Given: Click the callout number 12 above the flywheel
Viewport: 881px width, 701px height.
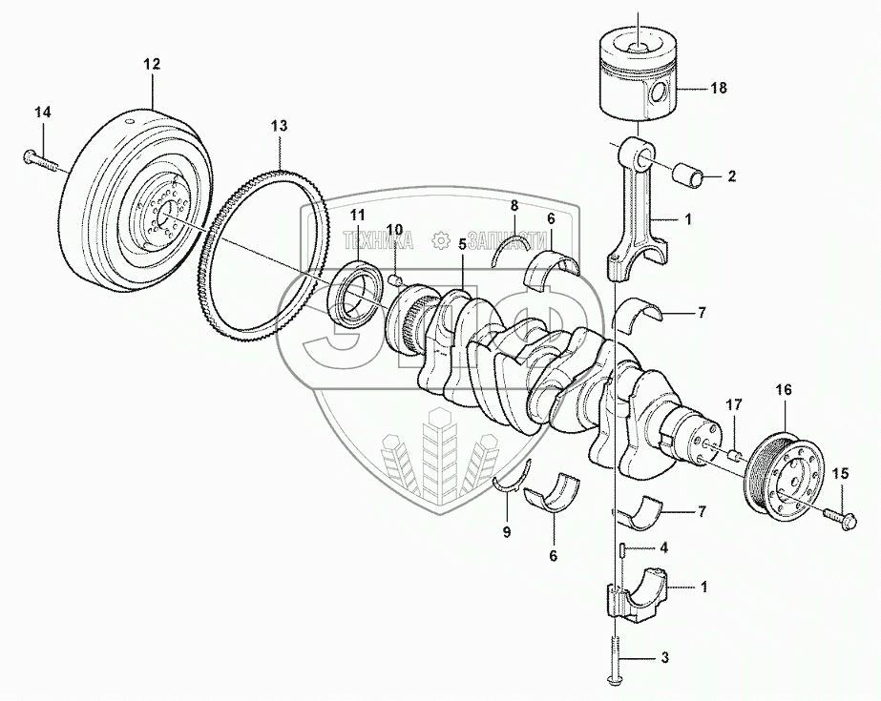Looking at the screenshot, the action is (152, 64).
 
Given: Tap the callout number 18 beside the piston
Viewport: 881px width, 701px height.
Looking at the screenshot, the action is (719, 88).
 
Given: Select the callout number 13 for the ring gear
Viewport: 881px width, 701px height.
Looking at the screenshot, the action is (280, 126).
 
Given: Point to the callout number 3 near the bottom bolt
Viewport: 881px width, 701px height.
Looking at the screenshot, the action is (664, 658).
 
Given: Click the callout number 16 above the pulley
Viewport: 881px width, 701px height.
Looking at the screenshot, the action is (784, 389).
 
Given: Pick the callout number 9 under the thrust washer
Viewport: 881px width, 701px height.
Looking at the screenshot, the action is (507, 532).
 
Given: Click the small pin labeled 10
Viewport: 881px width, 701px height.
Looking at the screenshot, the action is (395, 278).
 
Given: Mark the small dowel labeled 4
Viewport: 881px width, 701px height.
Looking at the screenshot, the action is (622, 548).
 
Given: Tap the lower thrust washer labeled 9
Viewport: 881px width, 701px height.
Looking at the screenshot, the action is (513, 478).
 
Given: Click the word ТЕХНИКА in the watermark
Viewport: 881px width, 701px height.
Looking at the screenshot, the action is (377, 240).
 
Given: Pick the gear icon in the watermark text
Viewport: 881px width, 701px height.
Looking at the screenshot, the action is (441, 240).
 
